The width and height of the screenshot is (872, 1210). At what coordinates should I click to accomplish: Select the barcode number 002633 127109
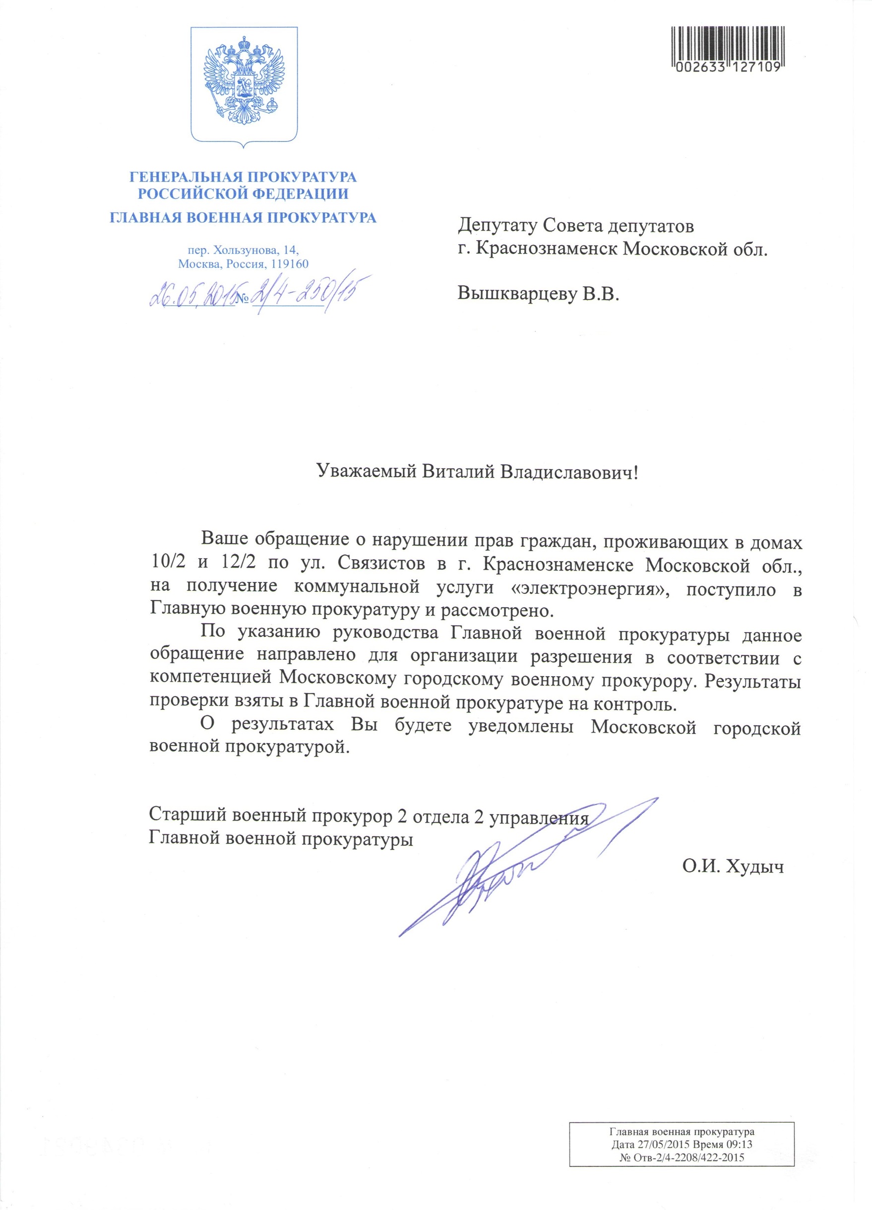pos(728,67)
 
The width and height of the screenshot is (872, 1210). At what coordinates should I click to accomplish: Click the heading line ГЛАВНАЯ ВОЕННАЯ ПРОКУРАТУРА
pos(243,217)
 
